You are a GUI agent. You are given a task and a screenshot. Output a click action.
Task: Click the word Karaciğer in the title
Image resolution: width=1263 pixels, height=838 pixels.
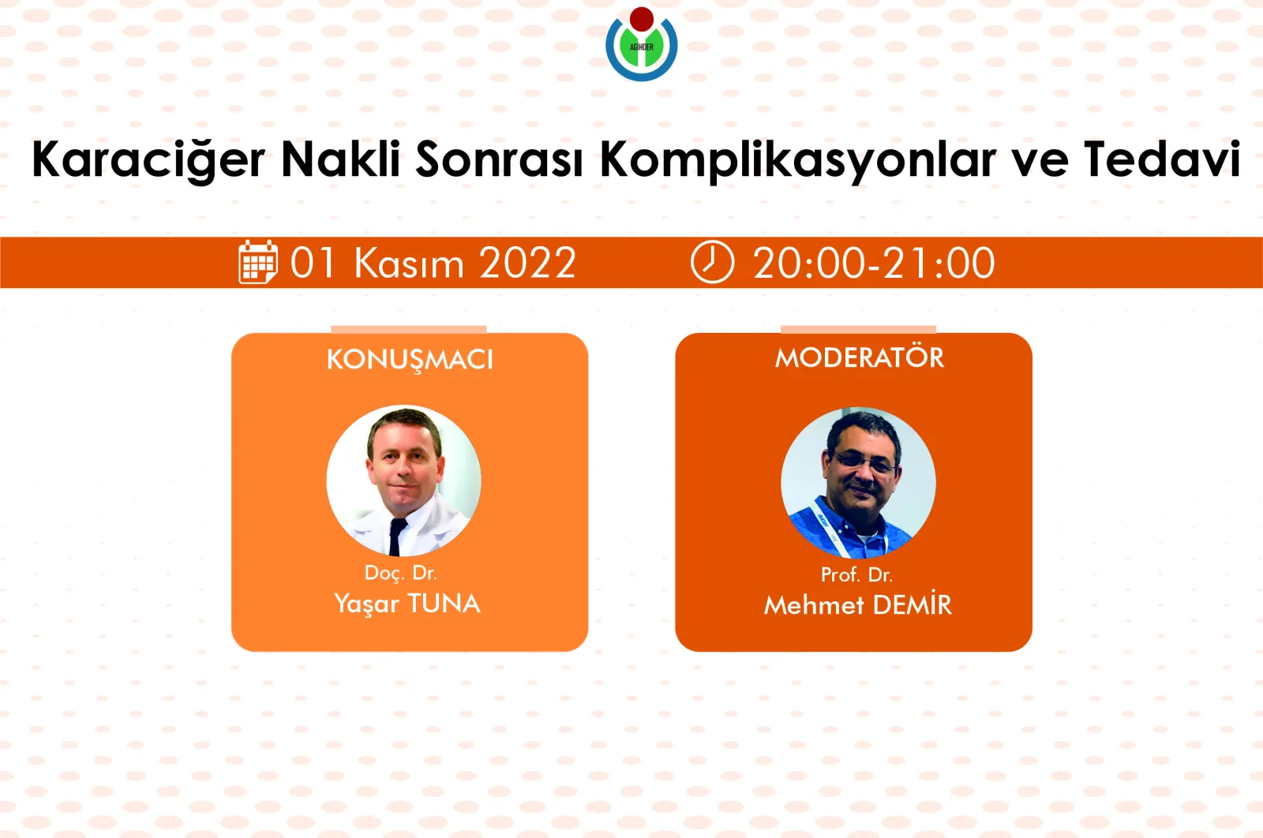pyautogui.click(x=148, y=160)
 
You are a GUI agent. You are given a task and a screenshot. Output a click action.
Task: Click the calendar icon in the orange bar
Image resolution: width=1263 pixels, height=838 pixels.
pyautogui.click(x=258, y=262)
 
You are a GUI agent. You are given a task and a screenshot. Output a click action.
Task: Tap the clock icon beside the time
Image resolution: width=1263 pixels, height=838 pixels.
pyautogui.click(x=712, y=262)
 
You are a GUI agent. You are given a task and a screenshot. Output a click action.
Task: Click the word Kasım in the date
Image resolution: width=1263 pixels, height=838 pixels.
pyautogui.click(x=409, y=263)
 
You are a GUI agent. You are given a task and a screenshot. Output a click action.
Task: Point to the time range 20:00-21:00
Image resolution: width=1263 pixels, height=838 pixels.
pyautogui.click(x=873, y=263)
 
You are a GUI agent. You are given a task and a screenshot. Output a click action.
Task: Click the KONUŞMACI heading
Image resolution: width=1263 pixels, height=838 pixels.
pyautogui.click(x=410, y=360)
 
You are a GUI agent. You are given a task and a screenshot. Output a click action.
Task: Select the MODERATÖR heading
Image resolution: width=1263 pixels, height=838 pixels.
pyautogui.click(x=859, y=358)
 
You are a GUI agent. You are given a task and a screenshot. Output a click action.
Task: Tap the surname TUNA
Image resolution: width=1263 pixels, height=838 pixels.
pyautogui.click(x=444, y=604)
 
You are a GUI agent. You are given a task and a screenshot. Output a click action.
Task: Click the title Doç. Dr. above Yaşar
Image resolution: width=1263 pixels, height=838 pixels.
pyautogui.click(x=400, y=573)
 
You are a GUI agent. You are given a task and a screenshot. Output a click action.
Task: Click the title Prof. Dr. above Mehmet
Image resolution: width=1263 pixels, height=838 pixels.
pyautogui.click(x=856, y=574)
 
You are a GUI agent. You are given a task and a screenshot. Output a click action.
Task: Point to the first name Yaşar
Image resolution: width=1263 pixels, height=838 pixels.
pyautogui.click(x=366, y=604)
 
